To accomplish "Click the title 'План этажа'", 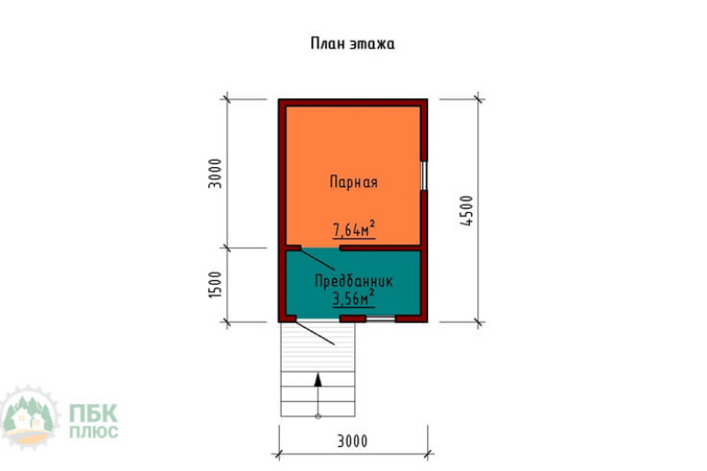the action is click(x=353, y=44).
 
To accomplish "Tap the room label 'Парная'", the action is click(x=353, y=182).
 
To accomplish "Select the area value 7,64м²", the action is click(x=353, y=229).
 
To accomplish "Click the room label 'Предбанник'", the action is click(x=353, y=281).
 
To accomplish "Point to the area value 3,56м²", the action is click(x=353, y=297).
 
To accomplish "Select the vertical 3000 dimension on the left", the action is click(x=216, y=174).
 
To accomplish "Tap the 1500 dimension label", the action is click(x=216, y=284).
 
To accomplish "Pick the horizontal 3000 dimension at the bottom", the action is click(x=353, y=441).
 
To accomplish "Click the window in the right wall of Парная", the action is click(x=424, y=175).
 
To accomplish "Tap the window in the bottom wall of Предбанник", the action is click(x=380, y=319).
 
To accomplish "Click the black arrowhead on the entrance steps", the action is click(x=318, y=379).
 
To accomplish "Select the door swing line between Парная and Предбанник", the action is click(x=318, y=259).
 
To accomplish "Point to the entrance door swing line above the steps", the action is click(x=315, y=332).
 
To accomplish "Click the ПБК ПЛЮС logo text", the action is click(x=94, y=421).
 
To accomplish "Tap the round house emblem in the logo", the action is click(x=28, y=417).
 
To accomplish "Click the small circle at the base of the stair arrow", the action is click(x=318, y=416).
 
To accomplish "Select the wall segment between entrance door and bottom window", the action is click(x=353, y=319).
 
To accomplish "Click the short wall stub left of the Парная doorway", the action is click(x=294, y=248).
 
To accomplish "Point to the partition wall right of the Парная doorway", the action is click(x=380, y=248).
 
